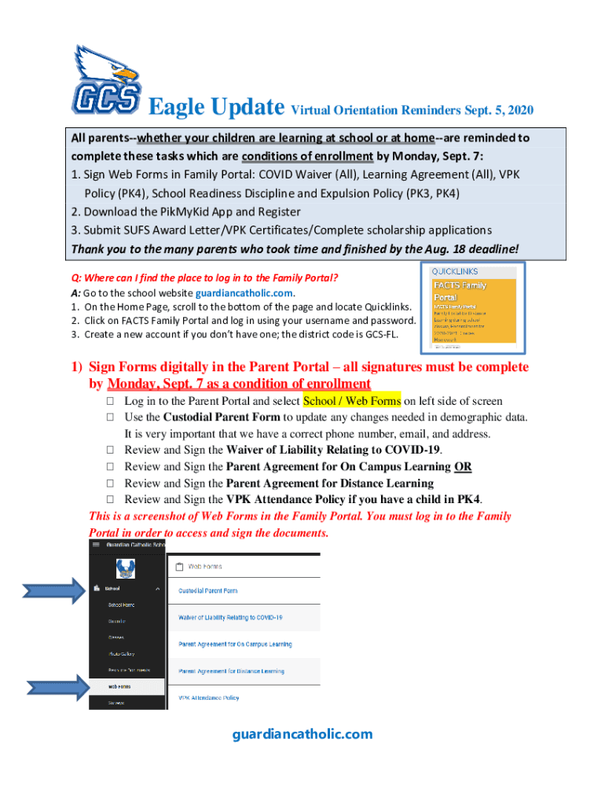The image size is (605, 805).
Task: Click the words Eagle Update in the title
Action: coord(216,107)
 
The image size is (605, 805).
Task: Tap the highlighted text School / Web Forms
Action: coord(352,401)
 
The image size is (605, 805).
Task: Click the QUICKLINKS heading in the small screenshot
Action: coord(455,271)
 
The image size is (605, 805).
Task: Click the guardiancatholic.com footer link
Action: coord(302,734)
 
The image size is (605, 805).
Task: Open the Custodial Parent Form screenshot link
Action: coord(207,590)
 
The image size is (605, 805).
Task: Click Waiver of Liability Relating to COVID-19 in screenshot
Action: coord(230,617)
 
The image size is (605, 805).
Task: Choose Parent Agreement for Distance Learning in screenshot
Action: coord(231,671)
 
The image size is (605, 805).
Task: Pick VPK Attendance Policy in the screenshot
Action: coord(208,698)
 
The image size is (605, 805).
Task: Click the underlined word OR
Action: coord(463,467)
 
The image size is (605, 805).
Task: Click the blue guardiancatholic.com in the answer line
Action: coord(249,292)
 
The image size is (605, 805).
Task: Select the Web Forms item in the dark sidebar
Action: coord(119,686)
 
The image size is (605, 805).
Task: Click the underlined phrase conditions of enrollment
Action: coord(312,156)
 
